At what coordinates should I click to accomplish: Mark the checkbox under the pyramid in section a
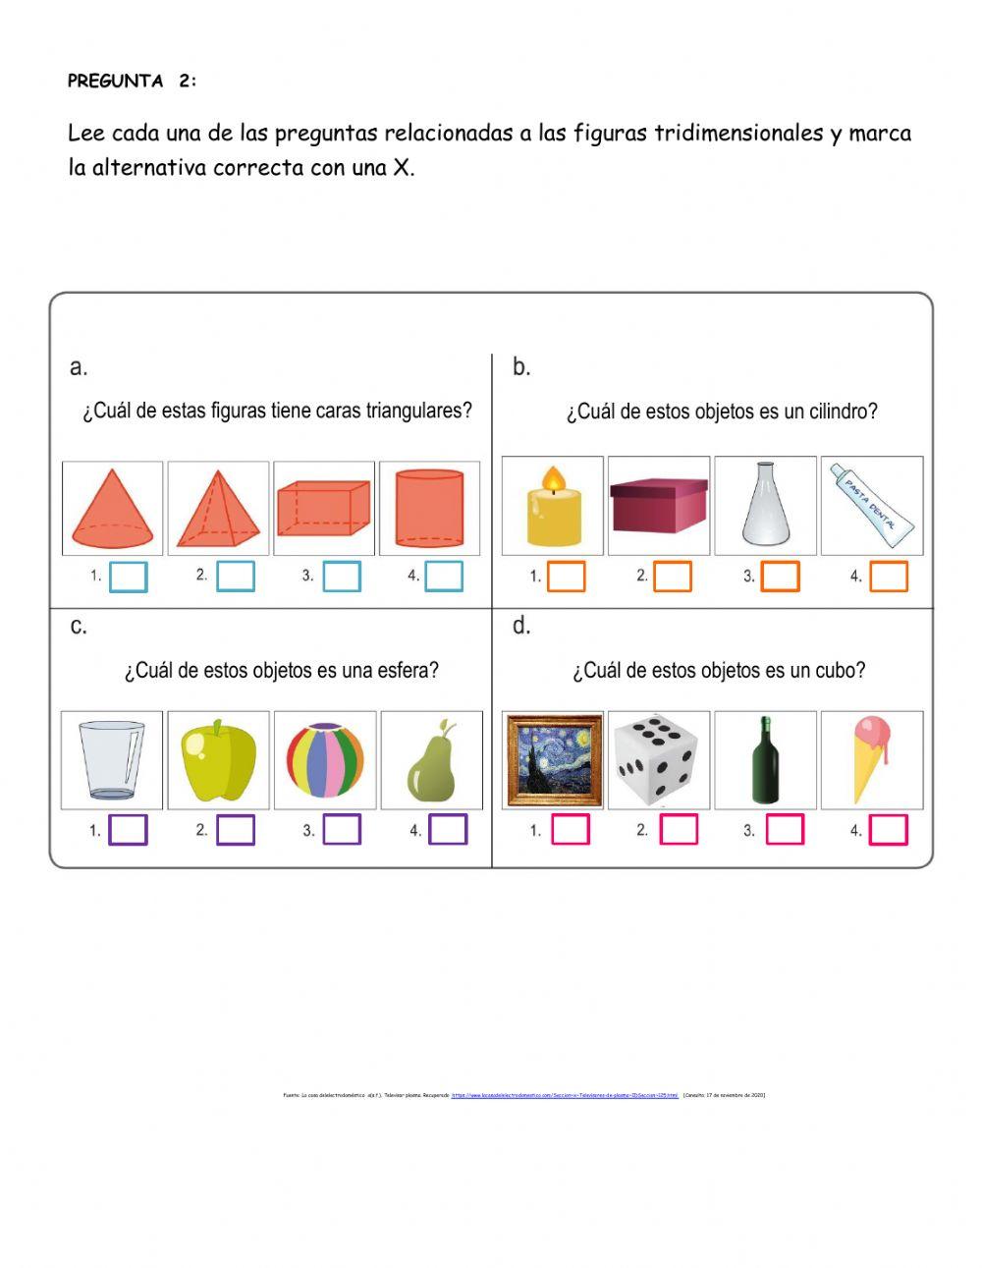[x=235, y=576]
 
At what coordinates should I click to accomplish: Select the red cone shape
[x=112, y=510]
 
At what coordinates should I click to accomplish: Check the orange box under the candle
[x=566, y=577]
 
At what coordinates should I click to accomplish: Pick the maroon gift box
[x=658, y=506]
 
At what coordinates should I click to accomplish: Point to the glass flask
[x=765, y=506]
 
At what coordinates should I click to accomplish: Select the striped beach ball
[x=324, y=761]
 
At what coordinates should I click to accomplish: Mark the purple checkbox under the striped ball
[x=342, y=830]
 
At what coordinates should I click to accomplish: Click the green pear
[x=431, y=762]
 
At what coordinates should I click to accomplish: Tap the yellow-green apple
[x=218, y=761]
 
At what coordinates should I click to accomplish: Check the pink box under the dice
[x=678, y=830]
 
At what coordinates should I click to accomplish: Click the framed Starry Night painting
[x=553, y=760]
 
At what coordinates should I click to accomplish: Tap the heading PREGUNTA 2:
[x=132, y=82]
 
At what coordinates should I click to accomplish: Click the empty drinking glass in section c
[x=111, y=761]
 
